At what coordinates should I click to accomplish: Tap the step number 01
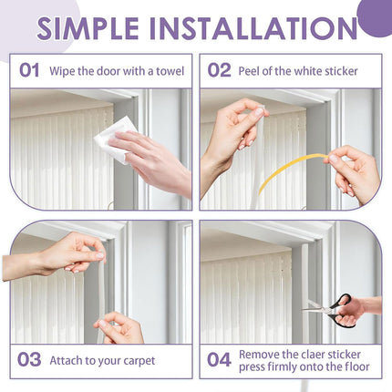[30, 71]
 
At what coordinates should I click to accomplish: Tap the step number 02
[219, 71]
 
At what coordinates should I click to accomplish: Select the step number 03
[30, 360]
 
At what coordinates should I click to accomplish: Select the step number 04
[219, 360]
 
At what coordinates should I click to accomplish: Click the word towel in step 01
[170, 71]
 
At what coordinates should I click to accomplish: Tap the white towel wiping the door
[114, 139]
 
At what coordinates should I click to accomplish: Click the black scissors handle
[341, 310]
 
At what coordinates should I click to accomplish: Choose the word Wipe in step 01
[61, 71]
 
